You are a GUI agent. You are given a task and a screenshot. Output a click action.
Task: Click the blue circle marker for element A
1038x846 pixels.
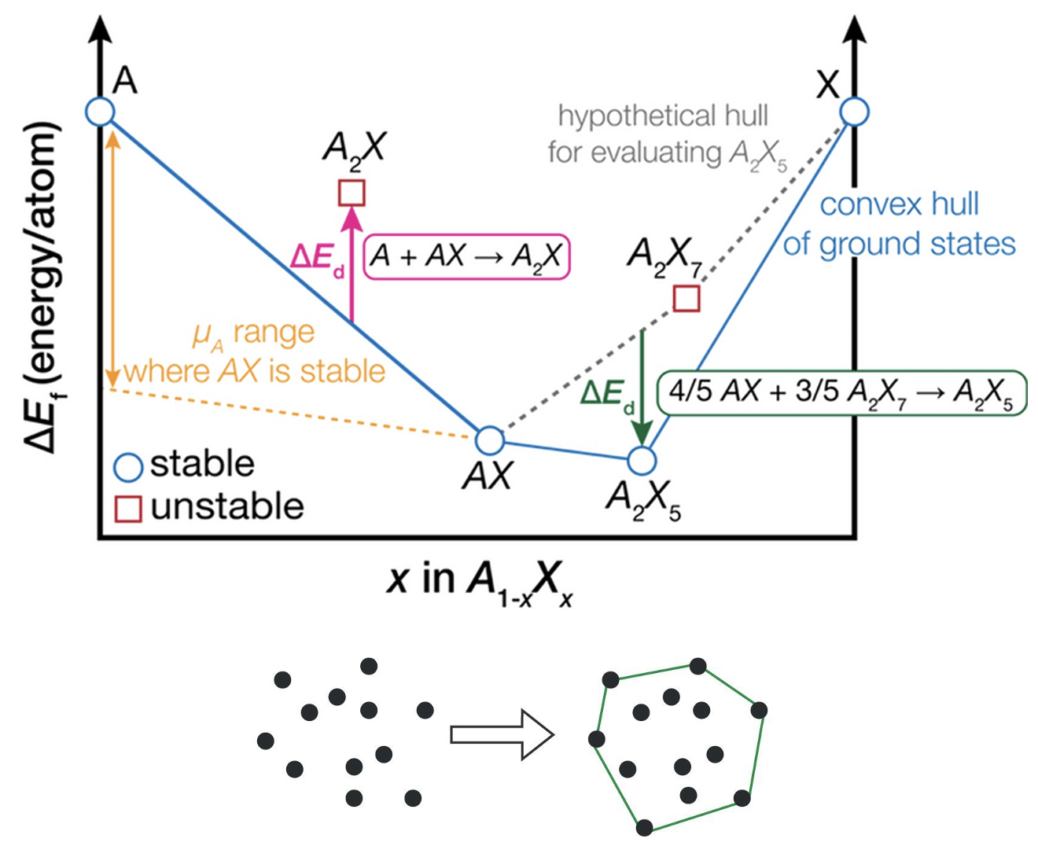[x=100, y=111]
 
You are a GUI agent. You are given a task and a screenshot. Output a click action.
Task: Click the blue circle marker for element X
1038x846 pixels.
[x=854, y=112]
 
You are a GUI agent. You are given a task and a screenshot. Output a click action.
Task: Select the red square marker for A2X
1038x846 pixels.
[x=352, y=193]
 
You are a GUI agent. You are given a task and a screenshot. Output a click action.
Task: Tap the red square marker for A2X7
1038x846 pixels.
[x=686, y=299]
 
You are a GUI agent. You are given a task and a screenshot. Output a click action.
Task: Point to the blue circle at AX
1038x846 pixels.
[x=489, y=441]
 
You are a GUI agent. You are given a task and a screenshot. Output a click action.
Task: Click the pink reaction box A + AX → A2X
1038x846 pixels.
[x=467, y=256]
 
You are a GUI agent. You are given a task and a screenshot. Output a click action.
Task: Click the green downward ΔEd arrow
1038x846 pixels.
[x=642, y=385]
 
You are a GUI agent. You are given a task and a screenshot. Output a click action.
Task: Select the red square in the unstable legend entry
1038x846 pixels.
[x=128, y=509]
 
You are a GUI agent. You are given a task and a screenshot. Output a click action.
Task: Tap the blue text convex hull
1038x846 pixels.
[x=899, y=204]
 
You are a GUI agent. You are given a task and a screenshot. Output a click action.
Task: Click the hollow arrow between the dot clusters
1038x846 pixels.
[x=502, y=734]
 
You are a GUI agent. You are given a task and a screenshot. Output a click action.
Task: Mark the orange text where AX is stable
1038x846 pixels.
[x=254, y=371]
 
